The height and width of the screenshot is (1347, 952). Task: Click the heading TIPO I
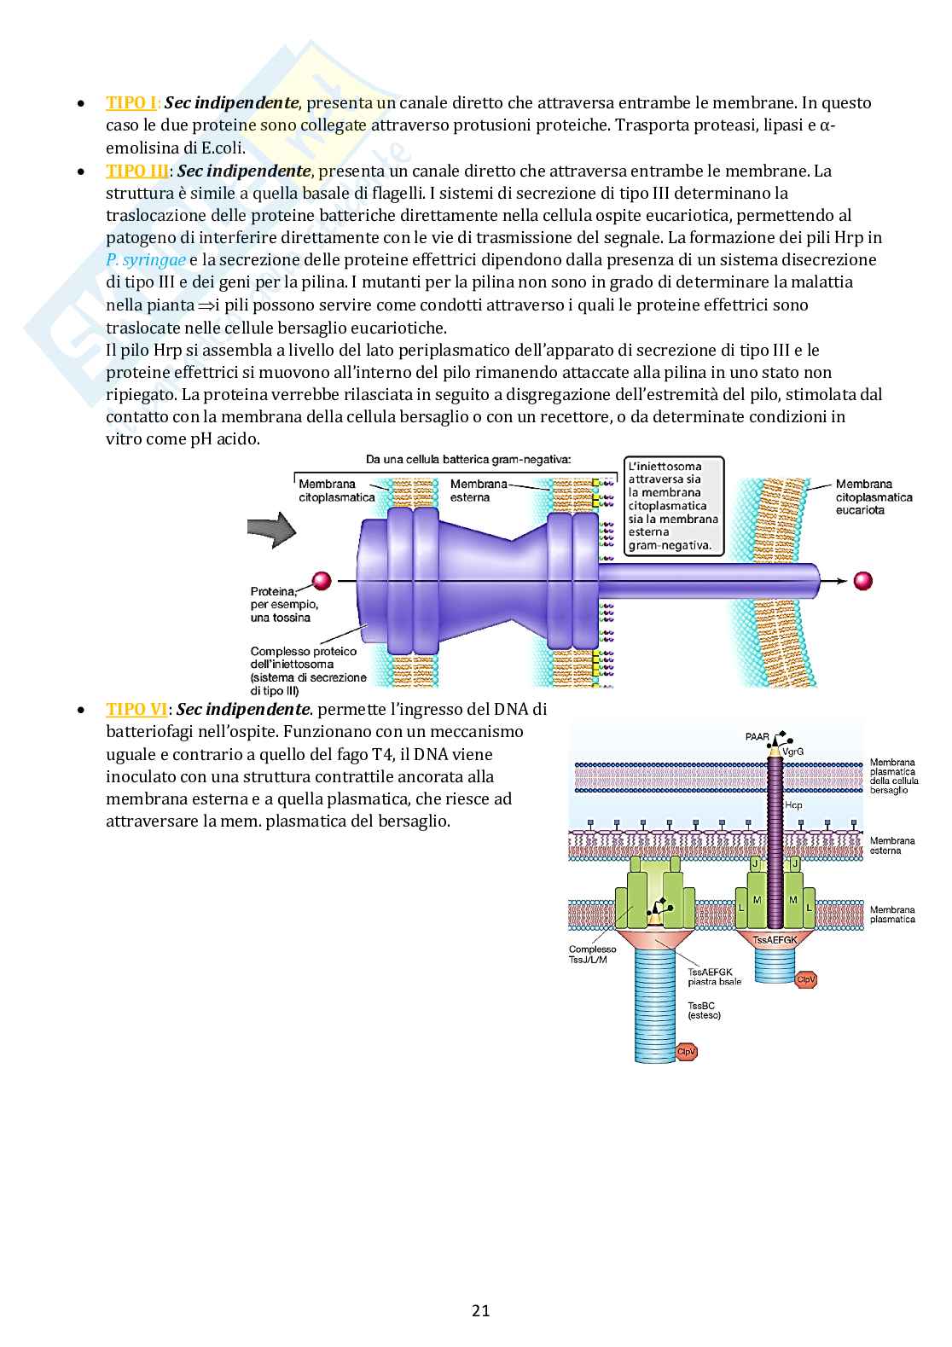[x=131, y=103]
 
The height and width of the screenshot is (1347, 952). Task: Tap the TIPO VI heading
[x=136, y=709]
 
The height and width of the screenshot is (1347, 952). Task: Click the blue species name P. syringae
[x=146, y=259]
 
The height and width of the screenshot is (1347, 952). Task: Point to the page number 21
[x=480, y=1310]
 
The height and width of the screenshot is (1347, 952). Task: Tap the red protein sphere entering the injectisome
[x=321, y=582]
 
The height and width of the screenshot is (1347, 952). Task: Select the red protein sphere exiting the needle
[x=863, y=581]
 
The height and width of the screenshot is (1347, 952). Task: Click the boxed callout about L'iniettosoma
[x=673, y=506]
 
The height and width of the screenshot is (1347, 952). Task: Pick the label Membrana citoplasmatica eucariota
[x=873, y=496]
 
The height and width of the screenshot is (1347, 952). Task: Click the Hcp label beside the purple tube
[x=793, y=804]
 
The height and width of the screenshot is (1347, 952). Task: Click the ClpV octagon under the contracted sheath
[x=805, y=980]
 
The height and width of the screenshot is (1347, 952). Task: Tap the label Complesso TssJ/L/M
[x=592, y=954]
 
